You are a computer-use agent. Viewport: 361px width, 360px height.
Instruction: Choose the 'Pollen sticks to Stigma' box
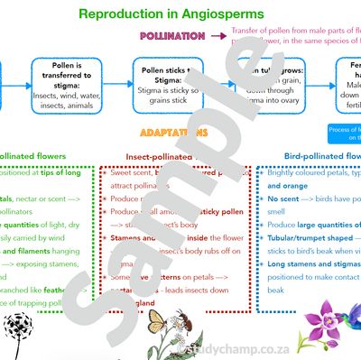click(166, 83)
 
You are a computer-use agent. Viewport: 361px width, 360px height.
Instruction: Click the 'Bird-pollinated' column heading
click(315, 153)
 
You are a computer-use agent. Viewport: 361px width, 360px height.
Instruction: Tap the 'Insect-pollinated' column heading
click(167, 153)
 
